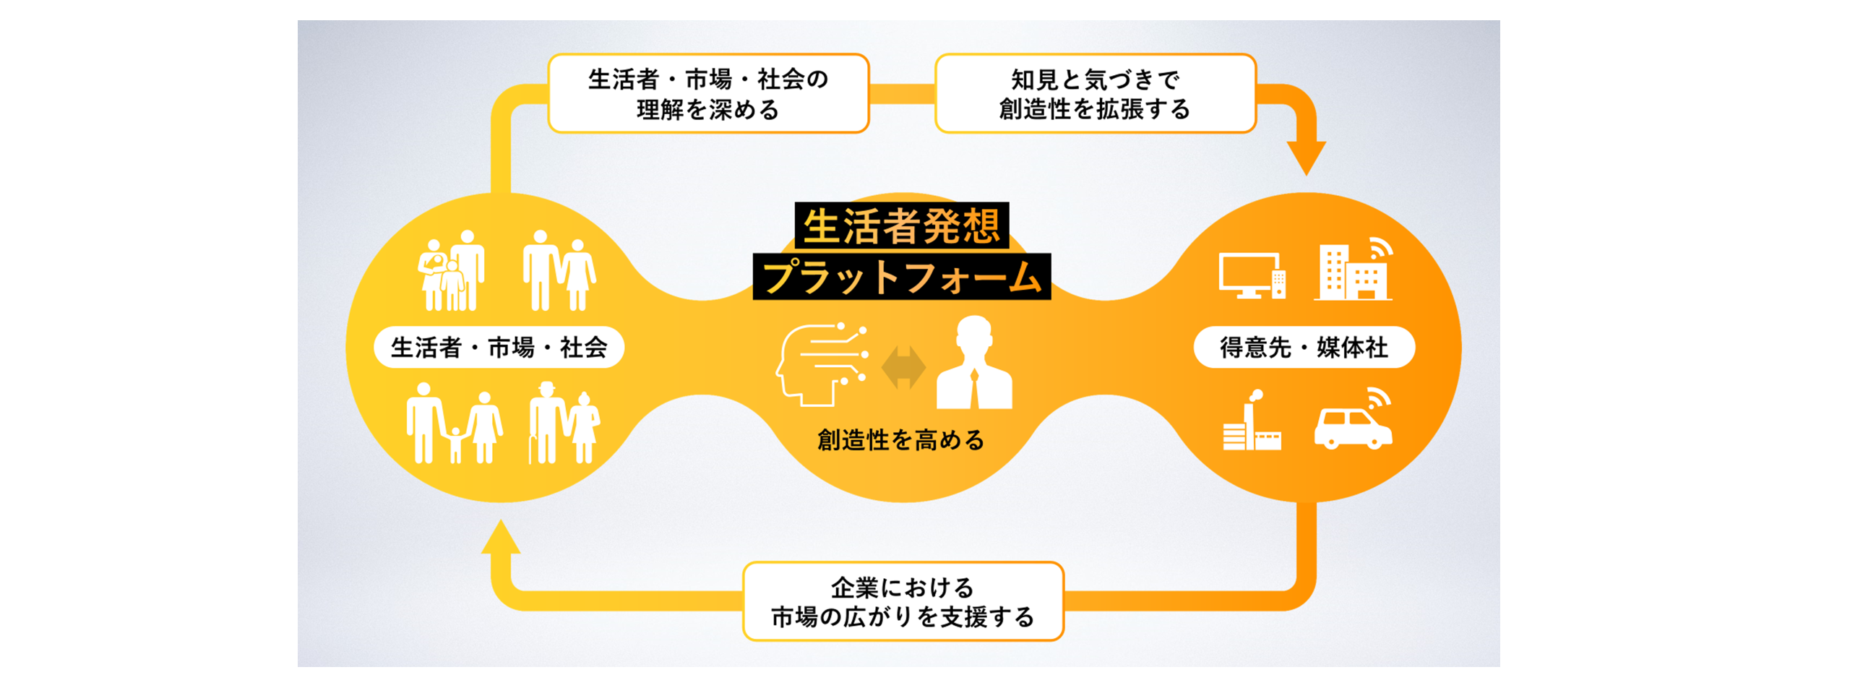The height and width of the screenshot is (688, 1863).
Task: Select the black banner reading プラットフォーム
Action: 902,276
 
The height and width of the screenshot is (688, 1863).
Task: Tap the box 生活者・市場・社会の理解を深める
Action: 708,93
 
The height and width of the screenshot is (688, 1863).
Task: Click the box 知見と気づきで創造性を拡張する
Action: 1095,93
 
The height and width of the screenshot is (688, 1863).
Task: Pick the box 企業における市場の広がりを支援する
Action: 903,601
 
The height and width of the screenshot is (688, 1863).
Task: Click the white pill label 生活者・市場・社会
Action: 499,348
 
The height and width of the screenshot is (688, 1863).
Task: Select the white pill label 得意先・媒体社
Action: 1304,348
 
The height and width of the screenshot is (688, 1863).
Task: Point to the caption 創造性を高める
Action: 901,439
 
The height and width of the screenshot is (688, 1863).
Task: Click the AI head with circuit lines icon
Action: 821,364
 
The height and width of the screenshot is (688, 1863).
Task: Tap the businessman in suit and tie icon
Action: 974,363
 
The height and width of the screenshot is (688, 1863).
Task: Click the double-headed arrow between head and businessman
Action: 903,367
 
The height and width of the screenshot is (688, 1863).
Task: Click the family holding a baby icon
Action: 451,270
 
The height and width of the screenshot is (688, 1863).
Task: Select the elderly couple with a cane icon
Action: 564,423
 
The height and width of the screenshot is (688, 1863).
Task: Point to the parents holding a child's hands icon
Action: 454,423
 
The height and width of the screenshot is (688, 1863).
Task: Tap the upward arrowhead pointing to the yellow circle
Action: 501,537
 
